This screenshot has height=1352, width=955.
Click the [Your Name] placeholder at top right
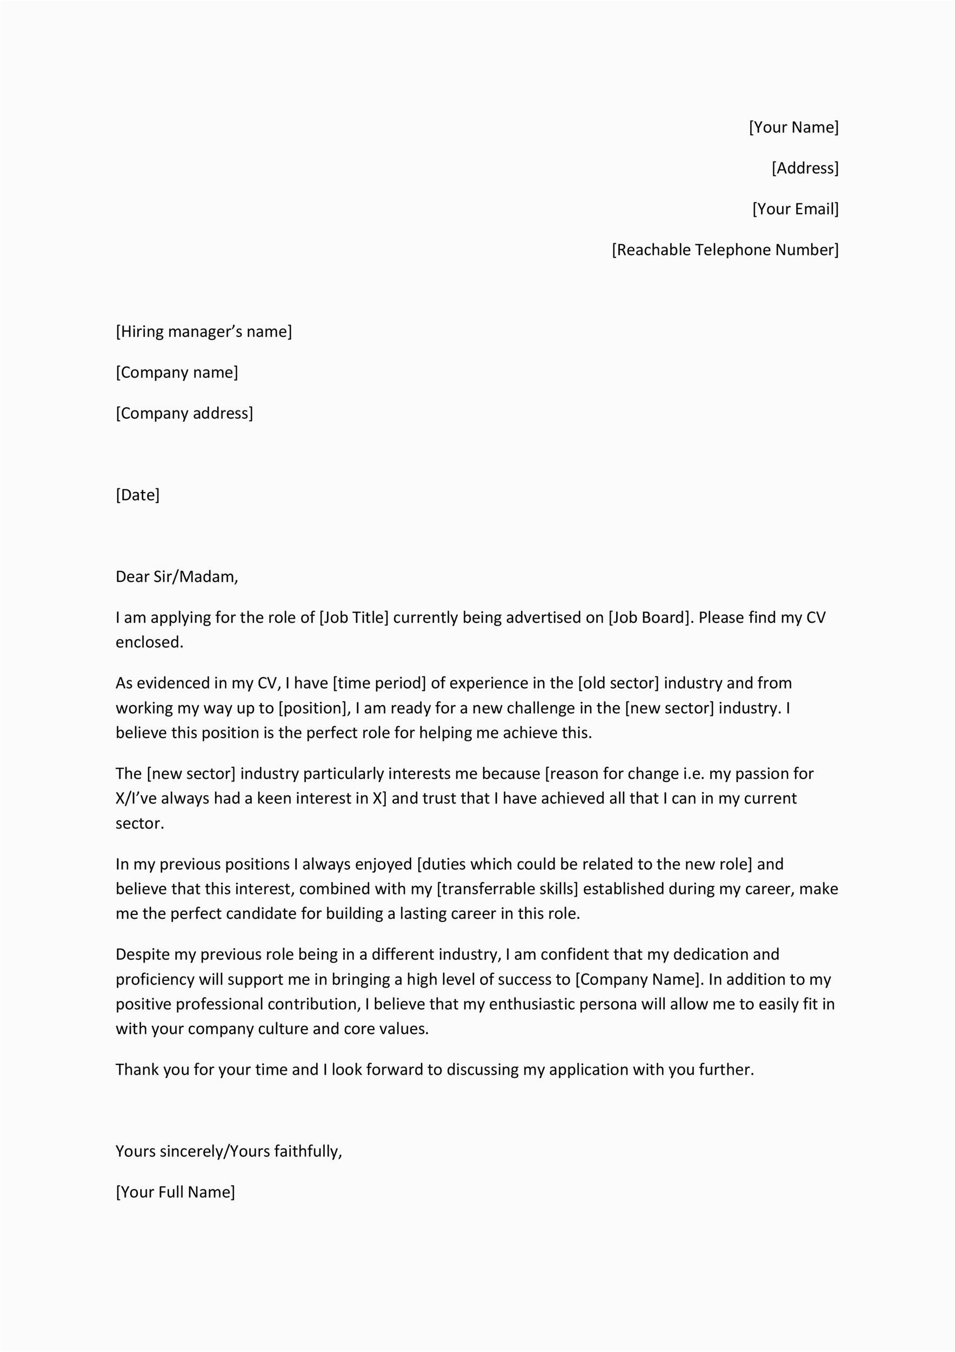click(x=793, y=127)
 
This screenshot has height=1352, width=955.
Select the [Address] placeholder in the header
click(x=805, y=168)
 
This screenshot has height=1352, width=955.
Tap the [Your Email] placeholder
click(x=795, y=209)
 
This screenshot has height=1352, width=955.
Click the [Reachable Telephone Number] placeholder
click(x=725, y=250)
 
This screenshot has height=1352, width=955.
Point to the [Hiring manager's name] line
click(x=204, y=332)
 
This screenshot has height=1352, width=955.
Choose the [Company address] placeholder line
click(x=184, y=413)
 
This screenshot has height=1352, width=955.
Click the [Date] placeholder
click(x=138, y=495)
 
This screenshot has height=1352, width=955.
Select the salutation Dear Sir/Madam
click(x=177, y=576)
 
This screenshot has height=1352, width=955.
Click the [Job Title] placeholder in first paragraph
click(x=353, y=618)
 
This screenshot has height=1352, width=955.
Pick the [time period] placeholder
click(x=379, y=683)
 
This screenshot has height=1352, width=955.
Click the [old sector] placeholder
click(x=618, y=683)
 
